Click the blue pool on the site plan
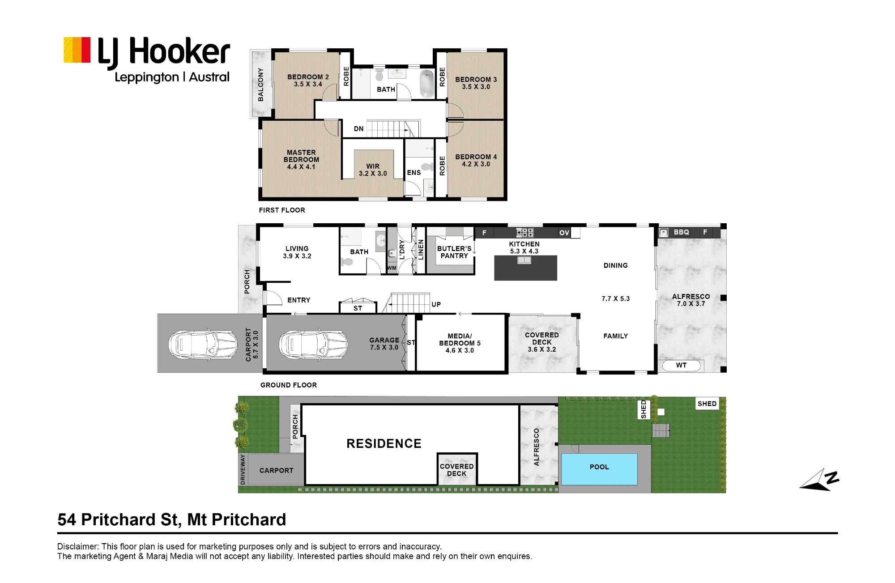click(x=599, y=469)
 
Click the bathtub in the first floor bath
click(x=426, y=84)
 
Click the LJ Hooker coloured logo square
click(x=77, y=50)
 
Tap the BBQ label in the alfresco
click(x=681, y=232)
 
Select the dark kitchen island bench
click(x=525, y=268)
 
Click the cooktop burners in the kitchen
click(x=524, y=232)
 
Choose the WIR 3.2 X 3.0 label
click(x=373, y=170)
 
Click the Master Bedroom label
click(x=301, y=160)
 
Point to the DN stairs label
click(x=359, y=129)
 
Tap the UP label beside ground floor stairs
click(x=436, y=305)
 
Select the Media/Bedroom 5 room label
click(x=460, y=343)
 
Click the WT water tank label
click(x=681, y=366)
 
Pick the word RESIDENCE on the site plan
click(x=384, y=444)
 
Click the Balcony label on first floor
click(x=261, y=85)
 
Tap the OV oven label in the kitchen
click(x=564, y=233)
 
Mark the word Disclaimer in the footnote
click(x=78, y=547)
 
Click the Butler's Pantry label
click(x=454, y=252)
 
